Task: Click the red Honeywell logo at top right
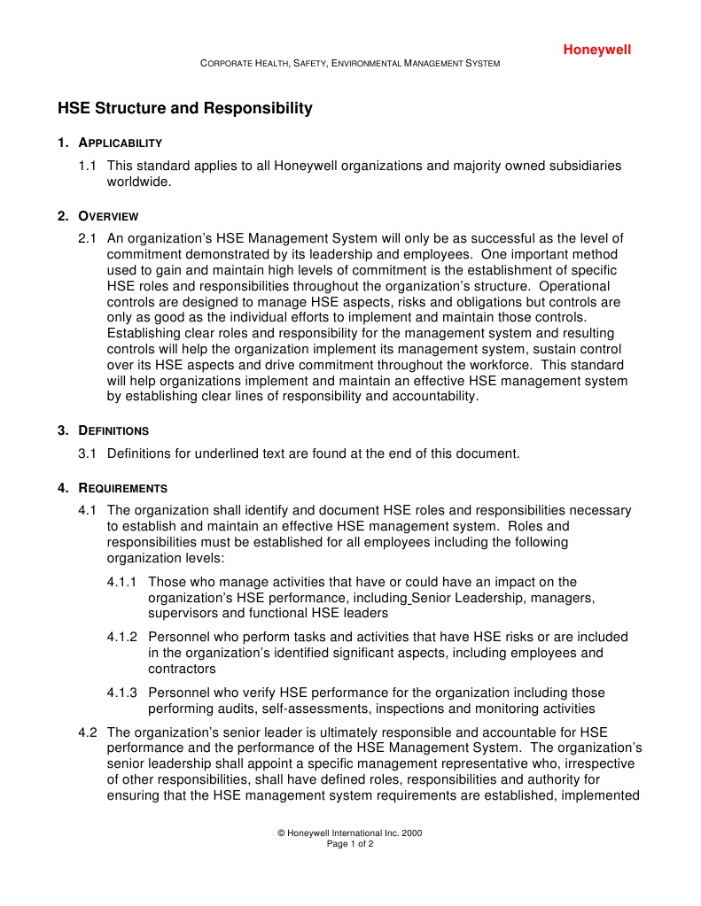coord(596,50)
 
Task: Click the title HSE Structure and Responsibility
coord(185,109)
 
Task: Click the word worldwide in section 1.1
coord(138,182)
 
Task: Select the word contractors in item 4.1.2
coord(182,669)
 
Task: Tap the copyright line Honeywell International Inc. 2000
coord(349,833)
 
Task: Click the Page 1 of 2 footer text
coord(350,845)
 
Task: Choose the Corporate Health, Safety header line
coord(350,64)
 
